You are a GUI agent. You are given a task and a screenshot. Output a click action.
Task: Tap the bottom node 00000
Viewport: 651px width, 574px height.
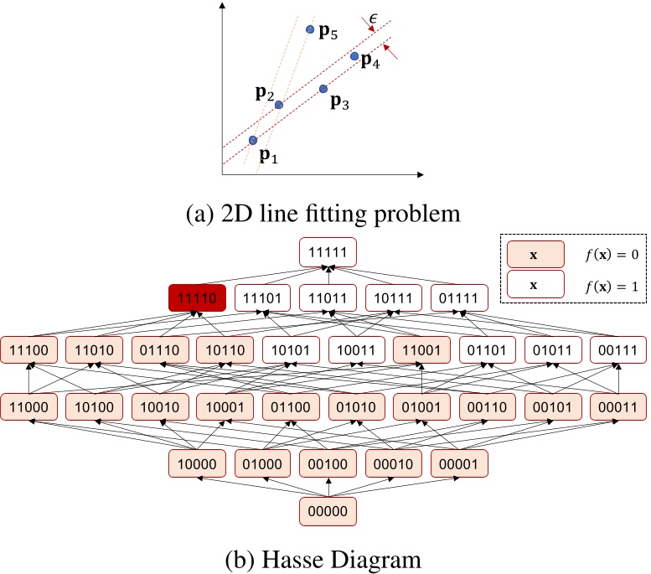pyautogui.click(x=328, y=509)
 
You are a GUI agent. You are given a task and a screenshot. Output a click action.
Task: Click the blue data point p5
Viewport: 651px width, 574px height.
pyautogui.click(x=310, y=29)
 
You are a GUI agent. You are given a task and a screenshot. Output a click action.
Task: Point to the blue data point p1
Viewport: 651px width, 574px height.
pyautogui.click(x=253, y=140)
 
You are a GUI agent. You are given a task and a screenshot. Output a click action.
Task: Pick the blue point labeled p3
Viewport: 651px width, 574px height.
pyautogui.click(x=323, y=88)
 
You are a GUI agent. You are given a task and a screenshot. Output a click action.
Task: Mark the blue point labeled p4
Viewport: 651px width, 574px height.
pyautogui.click(x=354, y=56)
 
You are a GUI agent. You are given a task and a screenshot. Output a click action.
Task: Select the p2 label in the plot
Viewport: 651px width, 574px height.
pyautogui.click(x=264, y=92)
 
